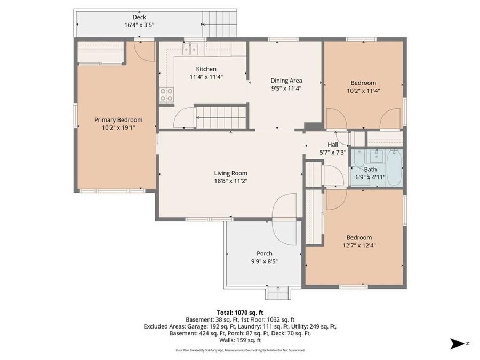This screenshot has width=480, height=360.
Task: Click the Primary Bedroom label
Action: (118, 120)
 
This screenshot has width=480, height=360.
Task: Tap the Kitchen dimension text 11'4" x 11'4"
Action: (206, 77)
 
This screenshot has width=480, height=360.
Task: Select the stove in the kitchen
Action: (166, 95)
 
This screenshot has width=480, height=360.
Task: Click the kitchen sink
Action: (190, 49)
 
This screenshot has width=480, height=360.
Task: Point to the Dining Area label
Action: (286, 81)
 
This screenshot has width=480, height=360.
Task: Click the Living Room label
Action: (230, 173)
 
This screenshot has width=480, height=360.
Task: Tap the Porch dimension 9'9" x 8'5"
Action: (264, 261)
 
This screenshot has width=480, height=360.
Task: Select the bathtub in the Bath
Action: (394, 167)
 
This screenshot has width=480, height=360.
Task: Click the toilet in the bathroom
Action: (358, 158)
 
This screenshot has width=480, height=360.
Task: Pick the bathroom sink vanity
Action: (376, 156)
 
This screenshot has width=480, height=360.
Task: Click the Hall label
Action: (333, 145)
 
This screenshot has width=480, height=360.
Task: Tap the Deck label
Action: (139, 17)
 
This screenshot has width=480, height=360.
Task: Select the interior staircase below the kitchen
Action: (220, 117)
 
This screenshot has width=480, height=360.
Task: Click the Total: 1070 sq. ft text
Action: (239, 313)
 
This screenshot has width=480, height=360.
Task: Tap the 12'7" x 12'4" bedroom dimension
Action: (359, 245)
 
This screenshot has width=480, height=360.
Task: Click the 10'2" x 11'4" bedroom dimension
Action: (363, 90)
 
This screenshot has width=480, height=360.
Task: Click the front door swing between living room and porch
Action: (285, 219)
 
